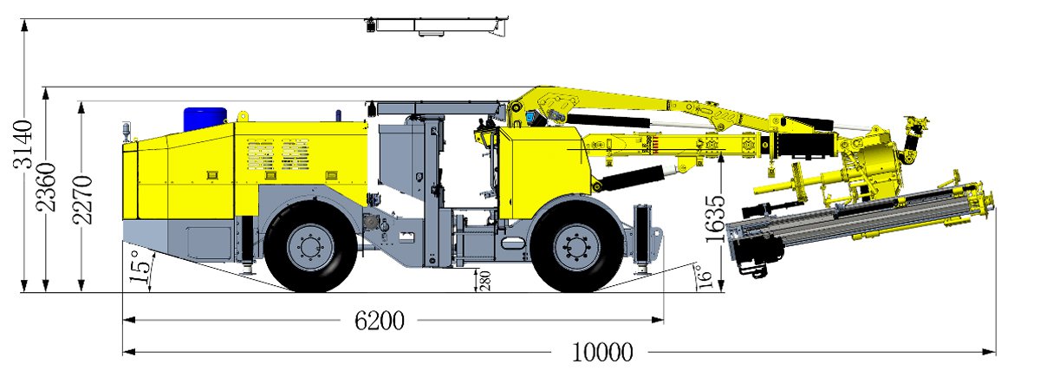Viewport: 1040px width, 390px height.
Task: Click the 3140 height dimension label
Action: [x=23, y=144]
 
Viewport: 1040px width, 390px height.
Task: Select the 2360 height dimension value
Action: [x=47, y=186]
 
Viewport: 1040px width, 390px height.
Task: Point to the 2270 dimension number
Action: [x=83, y=199]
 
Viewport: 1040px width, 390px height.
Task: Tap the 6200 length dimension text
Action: [x=380, y=321]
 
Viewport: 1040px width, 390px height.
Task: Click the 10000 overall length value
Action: [x=602, y=353]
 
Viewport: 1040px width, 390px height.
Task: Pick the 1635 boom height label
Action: [x=715, y=219]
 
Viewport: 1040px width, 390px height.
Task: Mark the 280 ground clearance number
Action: [x=485, y=281]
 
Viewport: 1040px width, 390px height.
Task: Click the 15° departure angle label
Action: [x=140, y=267]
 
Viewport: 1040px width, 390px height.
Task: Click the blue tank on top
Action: [x=205, y=119]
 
